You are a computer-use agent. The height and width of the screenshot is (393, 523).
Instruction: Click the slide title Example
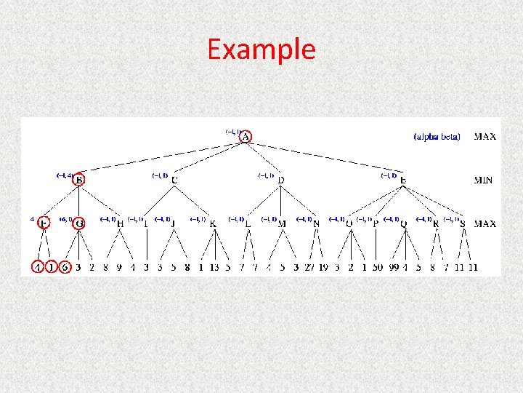point(261,49)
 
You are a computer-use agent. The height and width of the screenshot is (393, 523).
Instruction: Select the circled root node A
point(246,137)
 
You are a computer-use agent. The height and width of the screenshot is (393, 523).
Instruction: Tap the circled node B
point(78,179)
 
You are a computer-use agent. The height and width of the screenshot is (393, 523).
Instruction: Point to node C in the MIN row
point(174,180)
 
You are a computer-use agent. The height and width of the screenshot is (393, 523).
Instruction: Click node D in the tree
point(281,180)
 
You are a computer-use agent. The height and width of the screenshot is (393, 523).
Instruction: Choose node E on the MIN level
point(403,180)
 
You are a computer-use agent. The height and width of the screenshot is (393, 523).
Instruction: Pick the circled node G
point(78,223)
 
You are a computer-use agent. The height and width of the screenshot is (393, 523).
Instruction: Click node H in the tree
point(120,223)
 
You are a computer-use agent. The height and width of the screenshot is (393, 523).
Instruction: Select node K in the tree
point(213,223)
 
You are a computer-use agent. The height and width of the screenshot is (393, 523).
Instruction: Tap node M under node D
point(282,223)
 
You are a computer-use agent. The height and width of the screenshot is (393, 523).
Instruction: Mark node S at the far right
point(463,223)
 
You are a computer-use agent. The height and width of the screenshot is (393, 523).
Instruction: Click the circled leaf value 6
point(65,267)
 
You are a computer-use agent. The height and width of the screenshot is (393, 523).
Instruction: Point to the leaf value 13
point(214,267)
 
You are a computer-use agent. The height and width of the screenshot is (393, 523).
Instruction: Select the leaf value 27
point(310,267)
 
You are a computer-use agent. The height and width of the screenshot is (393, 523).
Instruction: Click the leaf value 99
point(394,267)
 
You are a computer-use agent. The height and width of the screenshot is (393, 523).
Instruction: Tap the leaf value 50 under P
point(378,267)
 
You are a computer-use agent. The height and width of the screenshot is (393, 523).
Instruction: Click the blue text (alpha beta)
point(437,137)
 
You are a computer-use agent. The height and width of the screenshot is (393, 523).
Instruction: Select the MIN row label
point(485,180)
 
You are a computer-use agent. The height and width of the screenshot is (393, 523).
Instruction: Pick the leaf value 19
point(324,267)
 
